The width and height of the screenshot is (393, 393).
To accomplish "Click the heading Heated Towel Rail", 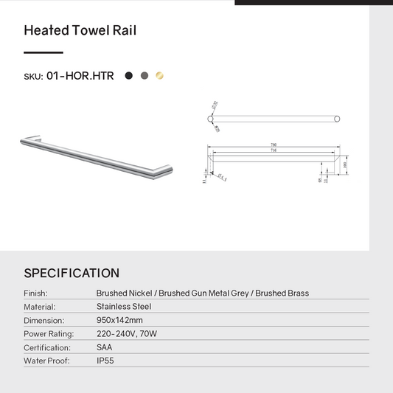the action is (80, 31).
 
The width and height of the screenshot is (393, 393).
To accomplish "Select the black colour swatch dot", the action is (129, 75).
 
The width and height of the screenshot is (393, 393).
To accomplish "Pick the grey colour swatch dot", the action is (145, 75).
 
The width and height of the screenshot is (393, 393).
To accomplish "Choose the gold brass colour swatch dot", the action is (160, 75).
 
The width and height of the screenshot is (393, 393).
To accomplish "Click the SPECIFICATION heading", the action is (72, 274).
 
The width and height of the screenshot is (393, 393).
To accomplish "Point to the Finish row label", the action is (35, 293).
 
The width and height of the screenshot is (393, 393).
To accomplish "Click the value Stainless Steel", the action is (124, 307).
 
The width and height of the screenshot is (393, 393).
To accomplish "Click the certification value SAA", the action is (105, 347).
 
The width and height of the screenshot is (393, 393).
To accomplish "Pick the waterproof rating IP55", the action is (106, 361).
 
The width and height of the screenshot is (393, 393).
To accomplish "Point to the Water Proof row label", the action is (46, 361).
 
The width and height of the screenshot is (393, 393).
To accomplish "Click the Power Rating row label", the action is (47, 334).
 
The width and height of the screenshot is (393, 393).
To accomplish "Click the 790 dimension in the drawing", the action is (274, 145).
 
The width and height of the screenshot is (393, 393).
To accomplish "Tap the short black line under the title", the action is (44, 53).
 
